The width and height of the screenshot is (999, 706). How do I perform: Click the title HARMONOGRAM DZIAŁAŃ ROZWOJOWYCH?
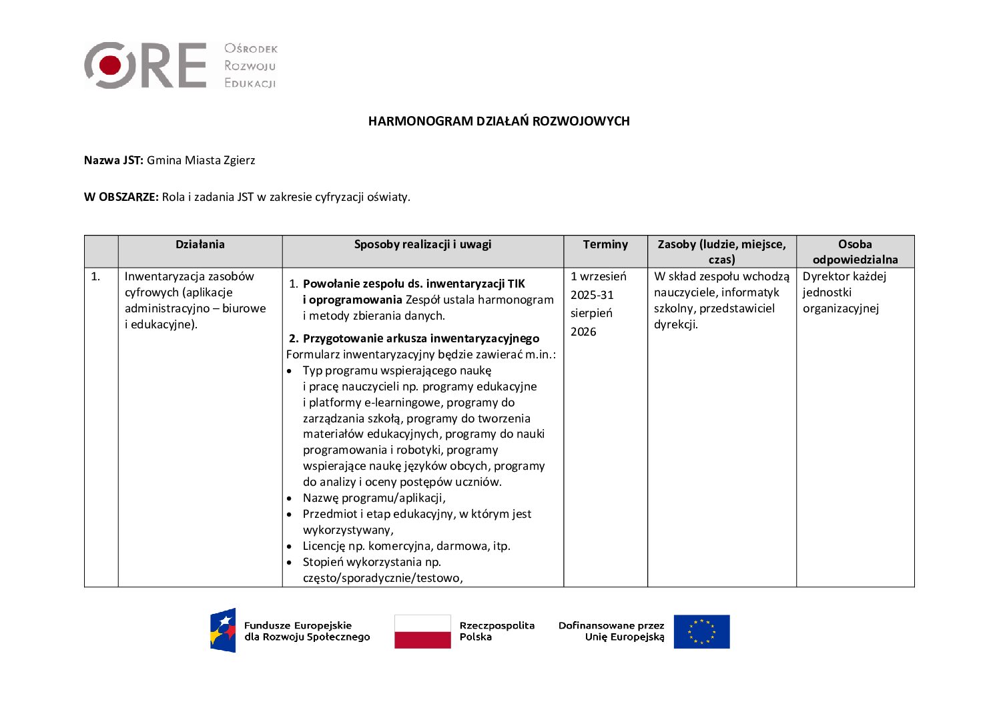pos(498,121)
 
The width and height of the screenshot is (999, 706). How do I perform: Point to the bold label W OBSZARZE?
pos(121,197)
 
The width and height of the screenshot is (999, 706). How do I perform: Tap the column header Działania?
pos(200,245)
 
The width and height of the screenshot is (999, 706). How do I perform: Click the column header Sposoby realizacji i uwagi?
pos(422,245)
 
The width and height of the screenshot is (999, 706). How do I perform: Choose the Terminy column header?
pos(605,245)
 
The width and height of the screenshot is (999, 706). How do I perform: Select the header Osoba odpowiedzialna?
pos(855,252)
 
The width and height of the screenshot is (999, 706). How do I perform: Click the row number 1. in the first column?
pos(95,276)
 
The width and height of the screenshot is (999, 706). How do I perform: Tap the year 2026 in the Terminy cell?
pos(583,332)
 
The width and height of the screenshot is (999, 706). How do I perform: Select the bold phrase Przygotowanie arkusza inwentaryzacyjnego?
pos(421,338)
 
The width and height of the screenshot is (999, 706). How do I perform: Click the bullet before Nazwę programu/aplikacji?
pos(289,498)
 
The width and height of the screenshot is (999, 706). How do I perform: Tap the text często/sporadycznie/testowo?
pos(382,578)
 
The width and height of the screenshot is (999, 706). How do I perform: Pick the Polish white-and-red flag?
pos(422,631)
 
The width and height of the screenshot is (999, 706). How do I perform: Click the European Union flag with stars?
pos(701,631)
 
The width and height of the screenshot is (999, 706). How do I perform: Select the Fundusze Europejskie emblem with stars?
pos(223,631)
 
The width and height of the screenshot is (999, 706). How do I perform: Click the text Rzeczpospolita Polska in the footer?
pos(496,631)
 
